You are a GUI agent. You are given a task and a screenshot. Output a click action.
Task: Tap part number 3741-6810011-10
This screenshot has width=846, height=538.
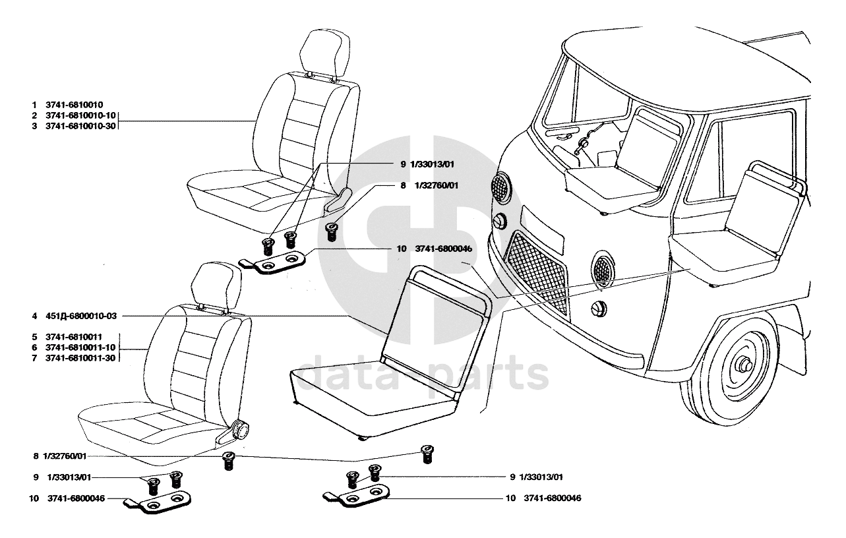(x=80, y=347)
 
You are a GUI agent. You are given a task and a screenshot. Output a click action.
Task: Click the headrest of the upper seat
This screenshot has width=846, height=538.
(x=321, y=52)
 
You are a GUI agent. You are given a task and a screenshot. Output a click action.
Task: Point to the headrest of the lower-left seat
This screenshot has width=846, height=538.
(x=212, y=283)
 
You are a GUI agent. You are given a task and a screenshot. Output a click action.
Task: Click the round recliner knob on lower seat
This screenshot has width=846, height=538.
(x=241, y=431)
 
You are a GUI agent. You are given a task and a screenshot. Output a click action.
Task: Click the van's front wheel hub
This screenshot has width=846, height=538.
(x=745, y=365)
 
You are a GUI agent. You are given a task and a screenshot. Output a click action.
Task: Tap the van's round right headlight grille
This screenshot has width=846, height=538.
(x=603, y=268)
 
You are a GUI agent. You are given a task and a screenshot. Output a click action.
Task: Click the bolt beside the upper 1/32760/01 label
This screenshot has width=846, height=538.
(x=332, y=231)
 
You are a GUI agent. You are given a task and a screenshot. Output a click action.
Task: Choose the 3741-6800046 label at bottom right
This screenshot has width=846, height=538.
(x=553, y=498)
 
